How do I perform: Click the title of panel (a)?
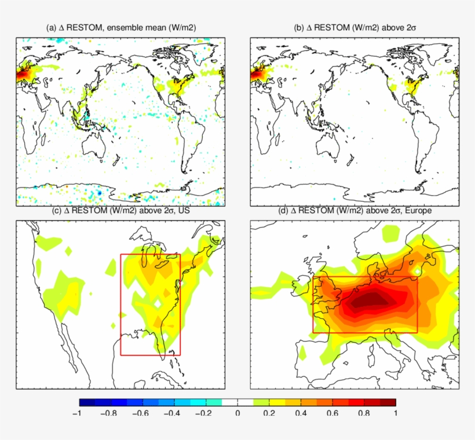click(120, 28)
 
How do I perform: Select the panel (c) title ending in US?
click(121, 211)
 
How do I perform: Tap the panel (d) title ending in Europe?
click(355, 211)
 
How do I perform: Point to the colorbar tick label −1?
click(76, 413)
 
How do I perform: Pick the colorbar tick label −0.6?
click(141, 413)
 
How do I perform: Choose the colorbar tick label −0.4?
click(173, 413)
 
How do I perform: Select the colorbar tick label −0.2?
click(205, 413)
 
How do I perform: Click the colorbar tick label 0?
click(237, 413)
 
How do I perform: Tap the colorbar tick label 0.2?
click(269, 413)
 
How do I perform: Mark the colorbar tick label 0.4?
click(301, 413)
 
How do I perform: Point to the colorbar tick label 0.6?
click(332, 413)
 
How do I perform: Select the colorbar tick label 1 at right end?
click(395, 413)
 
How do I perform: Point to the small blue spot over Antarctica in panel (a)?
click(99, 191)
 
